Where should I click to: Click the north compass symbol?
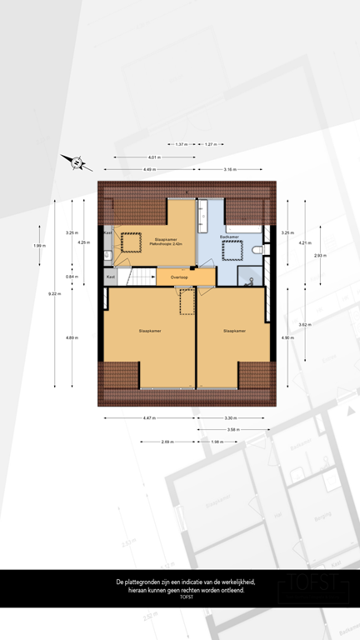(76, 162)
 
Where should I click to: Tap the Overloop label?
(179, 277)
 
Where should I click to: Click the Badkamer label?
(230, 237)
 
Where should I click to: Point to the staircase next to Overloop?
(141, 276)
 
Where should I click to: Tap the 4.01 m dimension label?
(153, 157)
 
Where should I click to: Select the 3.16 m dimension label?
(229, 170)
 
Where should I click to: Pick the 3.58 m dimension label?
(232, 430)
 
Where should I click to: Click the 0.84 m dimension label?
(72, 277)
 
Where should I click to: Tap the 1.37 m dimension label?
(181, 145)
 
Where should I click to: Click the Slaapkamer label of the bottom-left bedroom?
(150, 331)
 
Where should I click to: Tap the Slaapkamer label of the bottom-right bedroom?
(234, 331)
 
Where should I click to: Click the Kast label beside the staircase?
(110, 276)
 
